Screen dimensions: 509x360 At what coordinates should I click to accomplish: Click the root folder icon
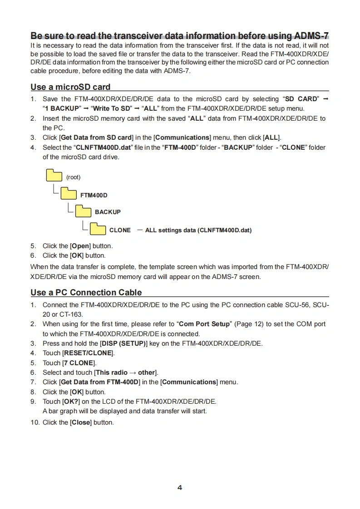coord(54,176)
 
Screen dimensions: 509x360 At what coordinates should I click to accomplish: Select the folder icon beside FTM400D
coord(69,194)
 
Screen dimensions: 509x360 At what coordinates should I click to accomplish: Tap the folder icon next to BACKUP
coord(83,211)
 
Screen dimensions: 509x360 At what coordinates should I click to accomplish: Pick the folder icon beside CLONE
coord(98,229)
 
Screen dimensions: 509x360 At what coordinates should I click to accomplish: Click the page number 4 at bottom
coord(180,488)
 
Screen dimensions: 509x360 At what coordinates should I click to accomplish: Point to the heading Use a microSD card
coord(70,87)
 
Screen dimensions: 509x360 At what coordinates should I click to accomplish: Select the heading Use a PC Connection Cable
coord(86,293)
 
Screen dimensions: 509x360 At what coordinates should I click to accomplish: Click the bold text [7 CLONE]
coord(79,363)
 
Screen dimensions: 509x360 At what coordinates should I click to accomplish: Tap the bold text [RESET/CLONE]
coord(88,353)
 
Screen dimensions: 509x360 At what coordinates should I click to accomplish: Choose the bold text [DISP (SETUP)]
coord(124,343)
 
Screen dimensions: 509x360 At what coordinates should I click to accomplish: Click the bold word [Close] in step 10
coord(81,422)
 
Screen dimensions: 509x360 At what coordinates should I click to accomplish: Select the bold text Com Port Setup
coord(205,324)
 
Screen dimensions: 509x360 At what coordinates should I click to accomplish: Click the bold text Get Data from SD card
coord(96,137)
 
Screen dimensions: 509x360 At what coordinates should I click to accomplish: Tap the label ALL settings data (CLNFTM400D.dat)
coord(198,230)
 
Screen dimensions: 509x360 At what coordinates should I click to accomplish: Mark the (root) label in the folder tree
coord(73,177)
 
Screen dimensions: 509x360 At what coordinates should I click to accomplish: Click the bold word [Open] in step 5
coord(81,246)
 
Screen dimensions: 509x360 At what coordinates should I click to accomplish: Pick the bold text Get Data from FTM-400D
coord(100,382)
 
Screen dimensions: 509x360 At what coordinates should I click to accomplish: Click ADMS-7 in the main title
coord(311,36)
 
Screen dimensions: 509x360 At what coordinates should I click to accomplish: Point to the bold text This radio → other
coord(126,372)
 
